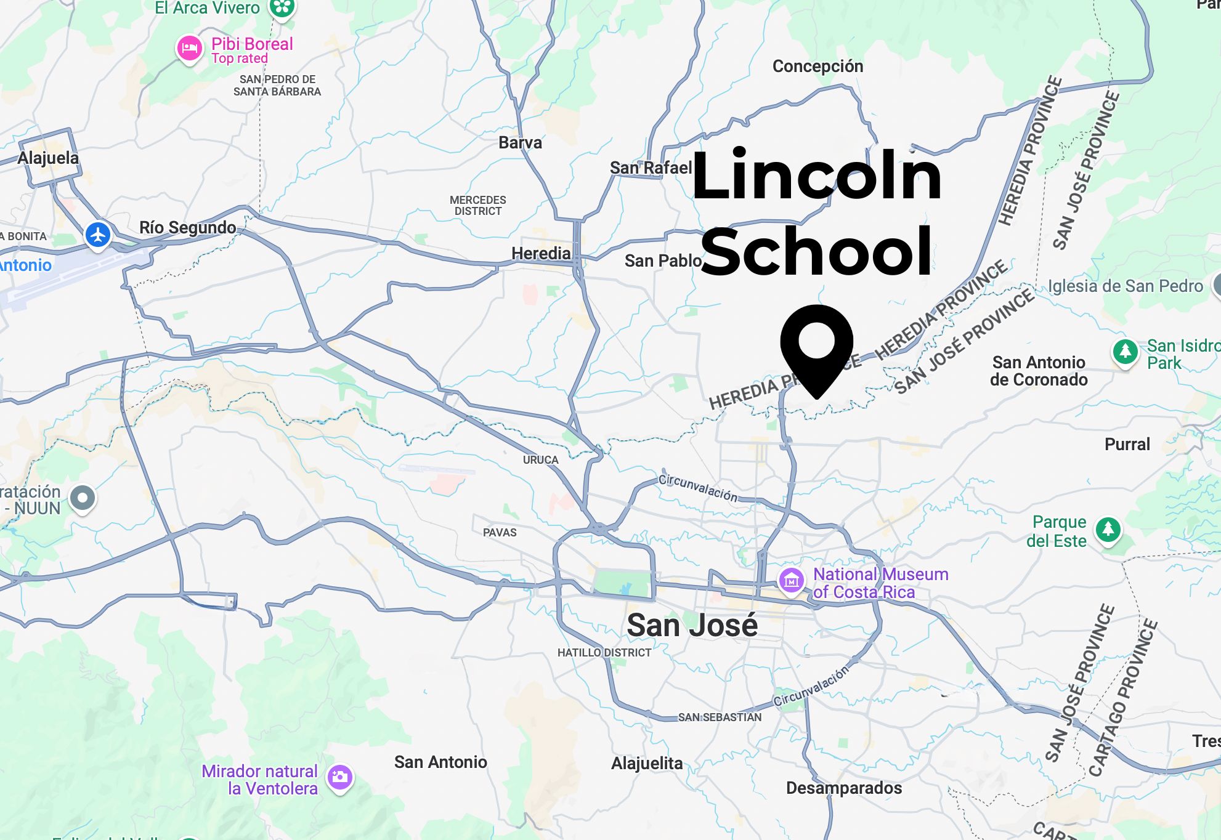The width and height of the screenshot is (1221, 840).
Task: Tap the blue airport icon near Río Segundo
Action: tap(98, 235)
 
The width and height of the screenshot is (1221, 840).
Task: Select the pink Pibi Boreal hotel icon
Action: tap(189, 48)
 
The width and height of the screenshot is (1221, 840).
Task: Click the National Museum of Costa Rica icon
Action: tap(792, 580)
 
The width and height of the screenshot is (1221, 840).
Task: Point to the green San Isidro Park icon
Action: tap(1125, 352)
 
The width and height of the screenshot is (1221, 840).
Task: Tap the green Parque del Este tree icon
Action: tap(1108, 529)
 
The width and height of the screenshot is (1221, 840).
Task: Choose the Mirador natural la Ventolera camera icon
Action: tap(339, 777)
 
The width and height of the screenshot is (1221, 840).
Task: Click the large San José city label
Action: tap(692, 626)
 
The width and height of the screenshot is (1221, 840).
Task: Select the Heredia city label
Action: tap(541, 253)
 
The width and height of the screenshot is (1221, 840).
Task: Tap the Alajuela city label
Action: tap(48, 158)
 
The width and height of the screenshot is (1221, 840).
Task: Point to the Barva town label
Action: tap(520, 142)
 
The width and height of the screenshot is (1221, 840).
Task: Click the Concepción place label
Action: tap(817, 66)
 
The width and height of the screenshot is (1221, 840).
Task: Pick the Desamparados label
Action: tap(843, 788)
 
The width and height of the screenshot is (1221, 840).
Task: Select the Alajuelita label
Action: tap(647, 764)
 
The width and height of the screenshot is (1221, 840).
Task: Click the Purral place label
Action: tap(1127, 444)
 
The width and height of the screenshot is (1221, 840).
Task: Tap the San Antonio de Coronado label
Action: tap(1039, 371)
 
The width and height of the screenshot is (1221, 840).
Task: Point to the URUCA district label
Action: tap(540, 460)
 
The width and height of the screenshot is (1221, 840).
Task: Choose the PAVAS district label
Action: tap(500, 532)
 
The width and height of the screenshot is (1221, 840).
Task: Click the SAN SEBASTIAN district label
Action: tap(720, 717)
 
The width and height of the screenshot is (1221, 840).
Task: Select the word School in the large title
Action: tap(816, 251)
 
